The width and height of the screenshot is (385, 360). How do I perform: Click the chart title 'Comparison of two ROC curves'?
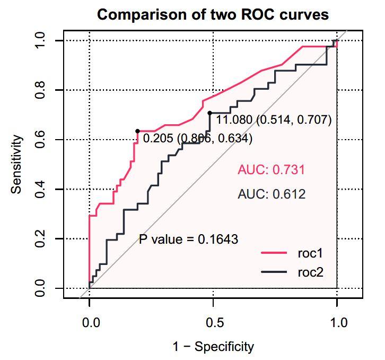coord(213,14)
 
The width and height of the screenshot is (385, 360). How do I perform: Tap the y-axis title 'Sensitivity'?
coord(17,164)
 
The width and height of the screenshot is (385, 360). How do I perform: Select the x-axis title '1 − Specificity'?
coord(213,347)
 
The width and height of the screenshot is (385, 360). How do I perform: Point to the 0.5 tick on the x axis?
coord(213,322)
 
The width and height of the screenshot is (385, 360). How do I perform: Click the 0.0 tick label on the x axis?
coord(90,322)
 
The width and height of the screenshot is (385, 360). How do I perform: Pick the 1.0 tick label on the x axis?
coord(337,322)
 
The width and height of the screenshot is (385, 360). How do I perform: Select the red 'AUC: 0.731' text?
coord(272,170)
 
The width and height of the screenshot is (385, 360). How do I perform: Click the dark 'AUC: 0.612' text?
coord(272,194)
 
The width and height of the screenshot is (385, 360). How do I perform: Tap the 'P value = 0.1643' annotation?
coord(188,239)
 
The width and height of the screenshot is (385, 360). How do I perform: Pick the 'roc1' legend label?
coord(310,253)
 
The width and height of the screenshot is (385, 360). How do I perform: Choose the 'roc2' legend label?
coord(310,272)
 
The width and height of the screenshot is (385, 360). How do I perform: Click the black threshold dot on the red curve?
coord(137,131)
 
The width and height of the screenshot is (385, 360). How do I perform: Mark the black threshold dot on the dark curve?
coord(209,113)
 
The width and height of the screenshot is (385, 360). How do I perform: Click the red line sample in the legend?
coord(274,253)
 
